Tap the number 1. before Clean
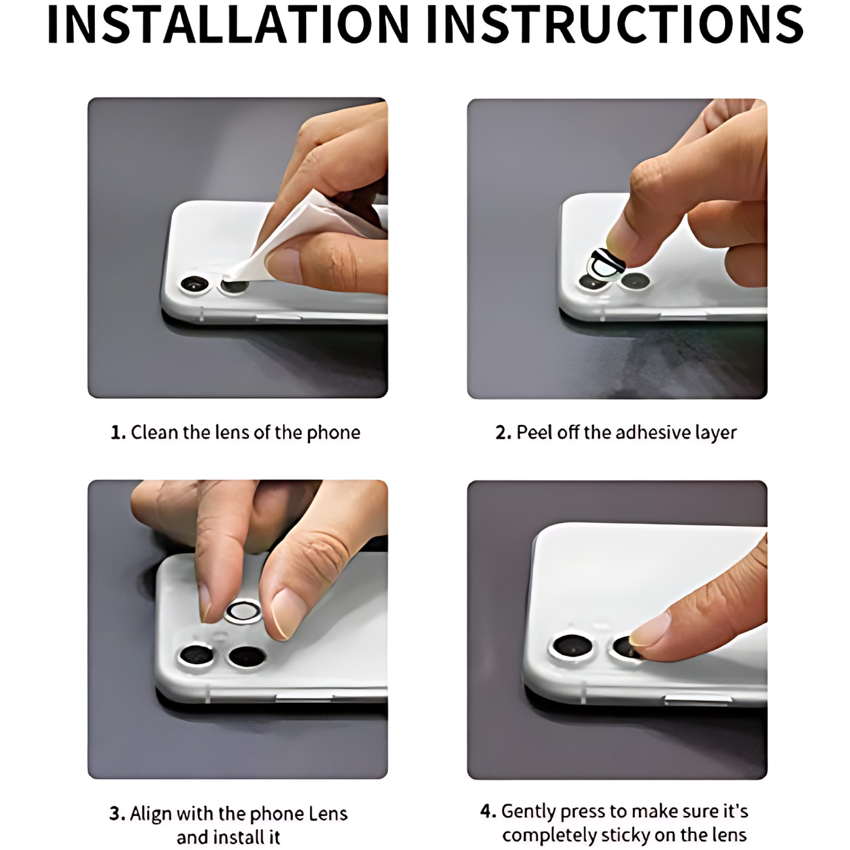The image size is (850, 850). (x=118, y=433)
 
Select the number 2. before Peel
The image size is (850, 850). (x=503, y=433)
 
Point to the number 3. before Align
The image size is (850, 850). (x=117, y=813)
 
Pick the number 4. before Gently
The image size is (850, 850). (x=488, y=811)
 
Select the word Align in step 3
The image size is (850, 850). (x=151, y=814)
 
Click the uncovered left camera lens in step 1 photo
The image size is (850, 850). (x=195, y=284)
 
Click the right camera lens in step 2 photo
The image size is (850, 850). (x=635, y=280)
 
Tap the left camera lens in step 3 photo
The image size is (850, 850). (x=197, y=655)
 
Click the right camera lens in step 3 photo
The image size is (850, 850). (x=247, y=657)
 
